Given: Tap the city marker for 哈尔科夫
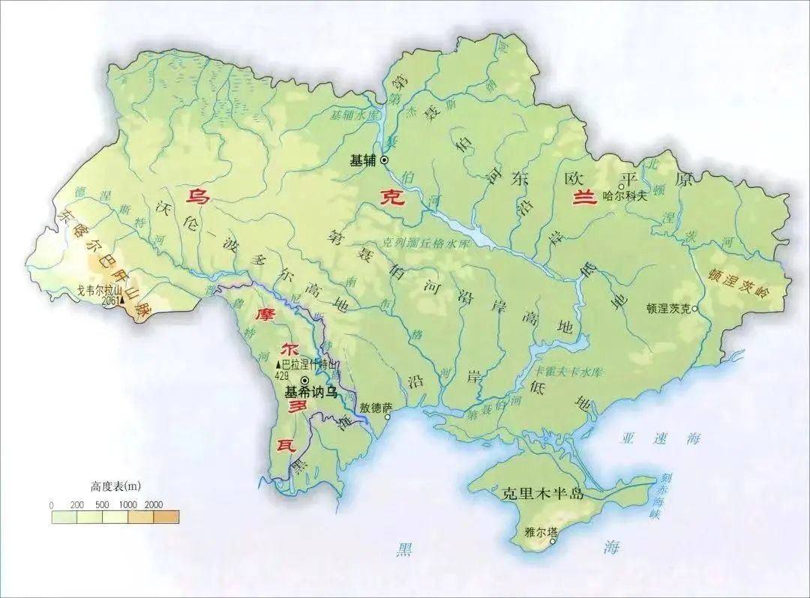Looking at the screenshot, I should (621, 187).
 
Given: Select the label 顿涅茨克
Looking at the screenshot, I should (670, 308).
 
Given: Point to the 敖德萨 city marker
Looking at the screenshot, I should (388, 417).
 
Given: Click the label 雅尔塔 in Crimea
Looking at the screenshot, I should (541, 533).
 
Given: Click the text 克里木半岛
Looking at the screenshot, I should (540, 495).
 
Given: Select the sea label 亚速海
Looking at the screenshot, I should (650, 439).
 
